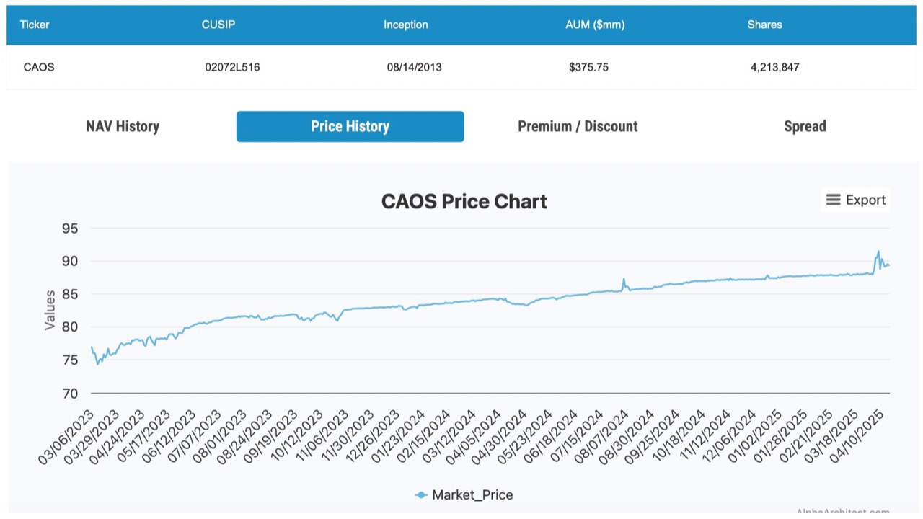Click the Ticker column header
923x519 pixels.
click(x=35, y=25)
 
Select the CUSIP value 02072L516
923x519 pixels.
click(x=232, y=67)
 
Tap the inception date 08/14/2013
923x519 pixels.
click(x=414, y=67)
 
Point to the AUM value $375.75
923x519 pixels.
click(x=588, y=67)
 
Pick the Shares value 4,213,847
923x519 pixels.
click(x=774, y=67)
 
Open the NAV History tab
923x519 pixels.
click(x=123, y=126)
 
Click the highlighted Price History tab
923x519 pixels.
click(x=350, y=126)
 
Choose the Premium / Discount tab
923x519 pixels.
click(x=578, y=126)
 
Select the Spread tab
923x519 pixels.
click(x=805, y=126)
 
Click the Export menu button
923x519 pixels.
click(x=855, y=200)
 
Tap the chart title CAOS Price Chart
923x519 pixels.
click(x=464, y=201)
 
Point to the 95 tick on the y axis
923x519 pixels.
click(x=71, y=229)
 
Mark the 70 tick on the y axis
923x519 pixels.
click(x=71, y=394)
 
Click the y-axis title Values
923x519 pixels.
click(x=50, y=310)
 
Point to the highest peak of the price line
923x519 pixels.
click(x=878, y=251)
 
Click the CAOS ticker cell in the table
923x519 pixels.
click(x=39, y=67)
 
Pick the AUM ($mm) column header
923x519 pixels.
click(x=595, y=25)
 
